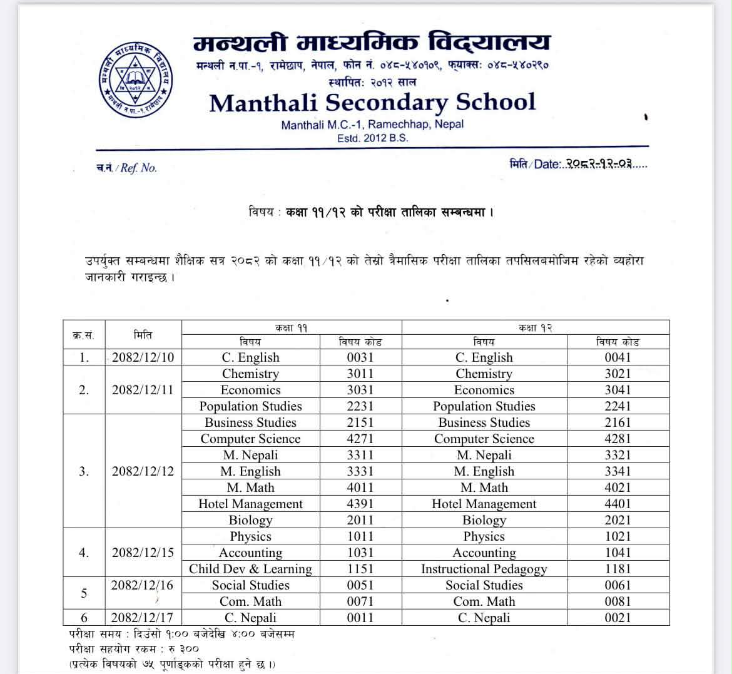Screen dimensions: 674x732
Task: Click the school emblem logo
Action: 136,76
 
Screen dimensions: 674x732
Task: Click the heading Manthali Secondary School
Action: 372,103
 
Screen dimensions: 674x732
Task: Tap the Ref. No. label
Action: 127,168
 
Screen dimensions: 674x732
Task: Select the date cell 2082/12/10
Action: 143,357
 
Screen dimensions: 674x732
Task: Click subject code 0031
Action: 360,357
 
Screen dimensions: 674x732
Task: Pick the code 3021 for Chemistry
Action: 618,374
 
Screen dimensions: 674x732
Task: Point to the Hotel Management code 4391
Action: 360,504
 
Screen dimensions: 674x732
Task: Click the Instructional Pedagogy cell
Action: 484,569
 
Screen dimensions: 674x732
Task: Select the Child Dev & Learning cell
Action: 250,569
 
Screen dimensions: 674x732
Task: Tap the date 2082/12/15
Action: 143,553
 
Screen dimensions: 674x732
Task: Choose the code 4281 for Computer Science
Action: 618,439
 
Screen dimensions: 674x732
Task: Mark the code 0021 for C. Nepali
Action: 618,618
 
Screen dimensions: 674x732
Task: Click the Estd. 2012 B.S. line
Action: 372,138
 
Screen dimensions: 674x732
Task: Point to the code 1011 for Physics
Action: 360,536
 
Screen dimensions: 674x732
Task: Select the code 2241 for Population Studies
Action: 618,406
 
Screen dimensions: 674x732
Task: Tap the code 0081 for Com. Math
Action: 618,601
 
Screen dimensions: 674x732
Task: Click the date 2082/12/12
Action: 143,471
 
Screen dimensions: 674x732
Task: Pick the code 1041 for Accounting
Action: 618,553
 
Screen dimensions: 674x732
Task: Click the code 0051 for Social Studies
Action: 360,585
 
